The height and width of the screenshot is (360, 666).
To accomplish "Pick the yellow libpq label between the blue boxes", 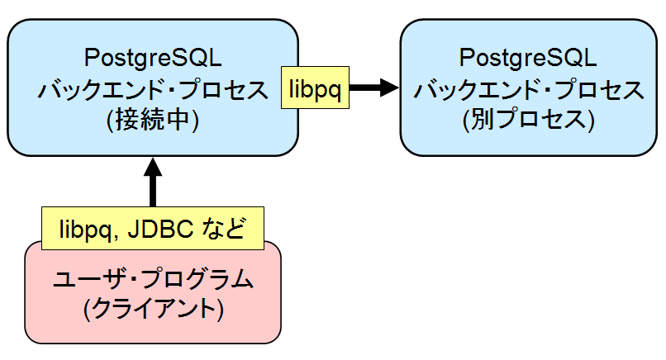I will (315, 88).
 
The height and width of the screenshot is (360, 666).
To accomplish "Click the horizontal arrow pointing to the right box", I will (372, 88).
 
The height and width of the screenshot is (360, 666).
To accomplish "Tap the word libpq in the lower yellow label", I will (85, 228).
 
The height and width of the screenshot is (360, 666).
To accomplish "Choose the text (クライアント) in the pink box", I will (153, 310).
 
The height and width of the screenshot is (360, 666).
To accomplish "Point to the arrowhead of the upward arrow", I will (152, 165).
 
